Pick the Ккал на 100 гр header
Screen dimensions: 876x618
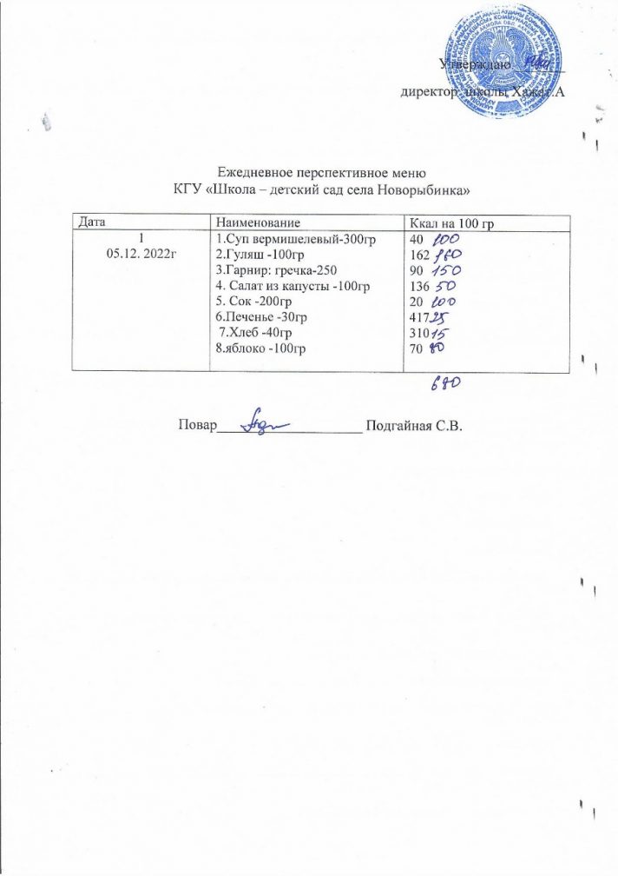pos(445,224)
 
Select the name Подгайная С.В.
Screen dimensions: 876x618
pos(417,425)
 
